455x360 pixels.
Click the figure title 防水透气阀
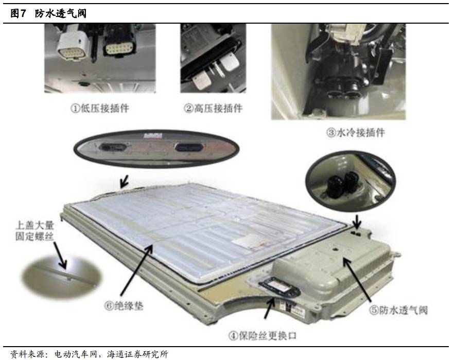click(61, 13)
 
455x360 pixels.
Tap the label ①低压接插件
click(100, 109)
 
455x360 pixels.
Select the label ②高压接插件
click(213, 109)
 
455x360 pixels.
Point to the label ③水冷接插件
click(356, 133)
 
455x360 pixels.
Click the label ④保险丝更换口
click(263, 336)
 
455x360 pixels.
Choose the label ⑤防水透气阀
click(398, 310)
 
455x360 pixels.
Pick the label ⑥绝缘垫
click(124, 306)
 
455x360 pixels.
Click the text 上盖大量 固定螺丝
click(35, 231)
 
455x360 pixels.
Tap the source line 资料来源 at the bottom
click(89, 354)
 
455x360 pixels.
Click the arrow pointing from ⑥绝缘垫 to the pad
click(136, 270)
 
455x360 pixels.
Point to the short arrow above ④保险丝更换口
click(269, 308)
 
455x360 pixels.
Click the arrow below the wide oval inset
click(125, 182)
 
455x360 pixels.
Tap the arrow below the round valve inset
click(357, 222)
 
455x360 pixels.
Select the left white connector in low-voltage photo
click(73, 46)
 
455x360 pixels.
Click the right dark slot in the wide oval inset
click(188, 147)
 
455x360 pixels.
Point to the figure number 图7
click(19, 13)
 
